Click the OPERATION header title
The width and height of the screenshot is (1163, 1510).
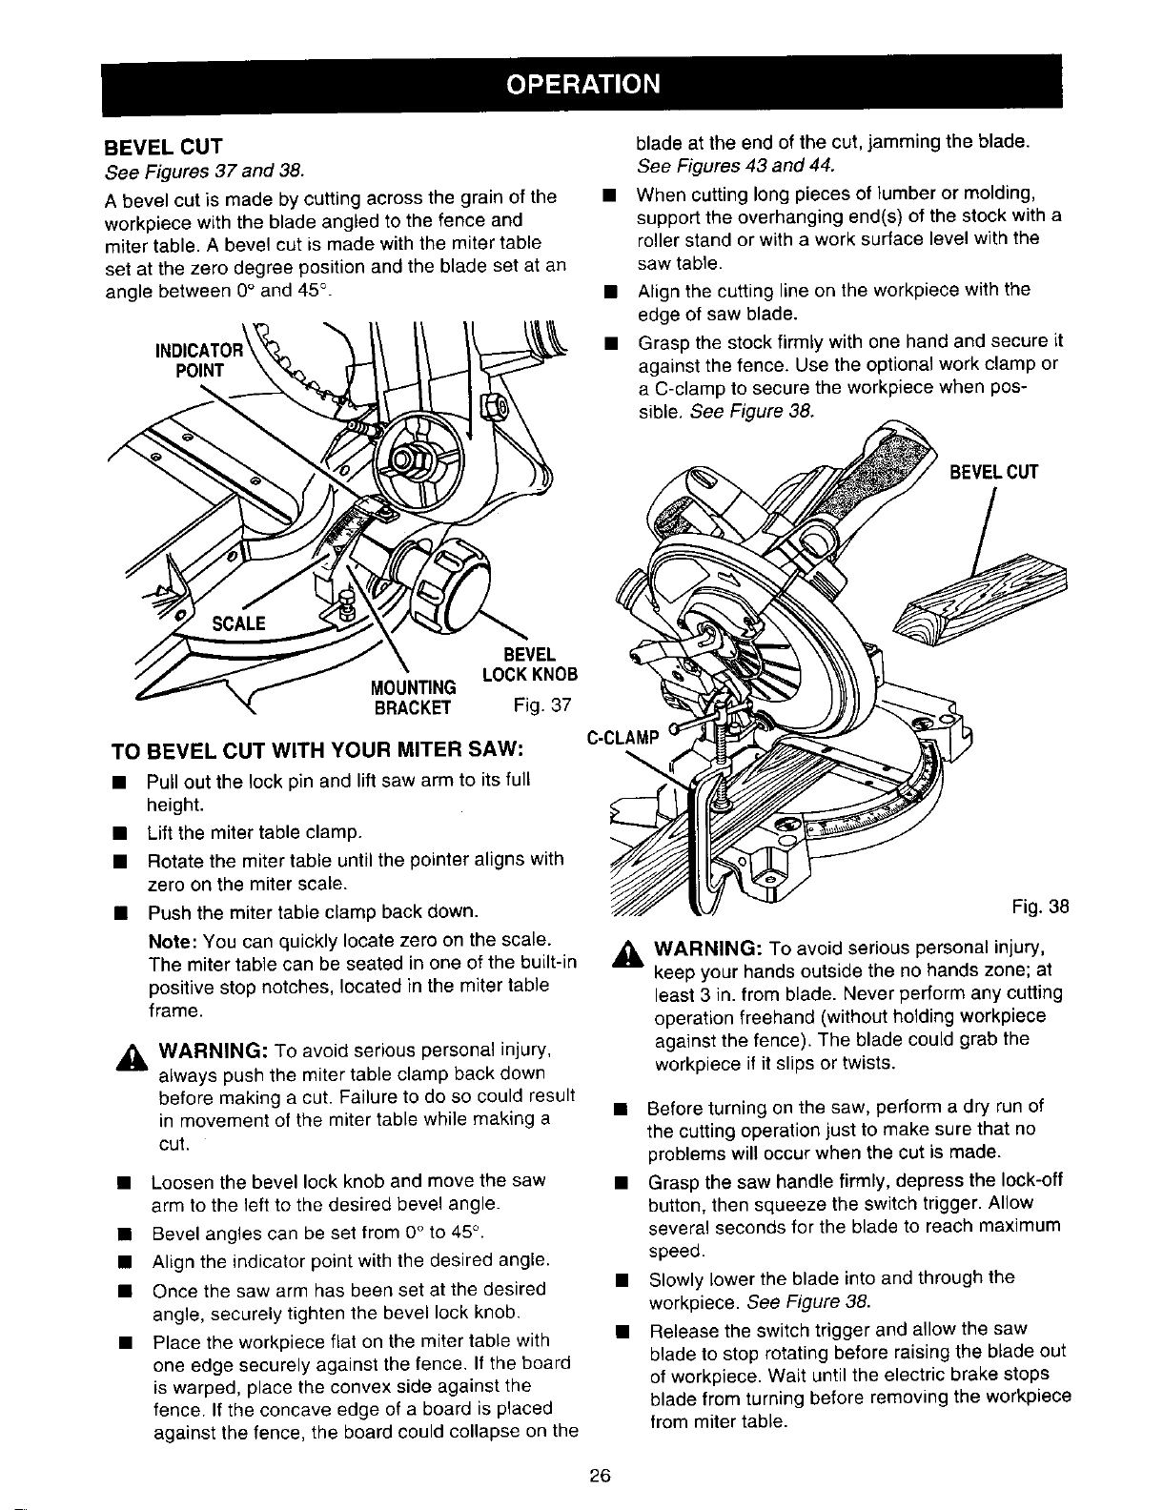point(581,83)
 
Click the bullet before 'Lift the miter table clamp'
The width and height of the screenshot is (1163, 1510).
point(120,833)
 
